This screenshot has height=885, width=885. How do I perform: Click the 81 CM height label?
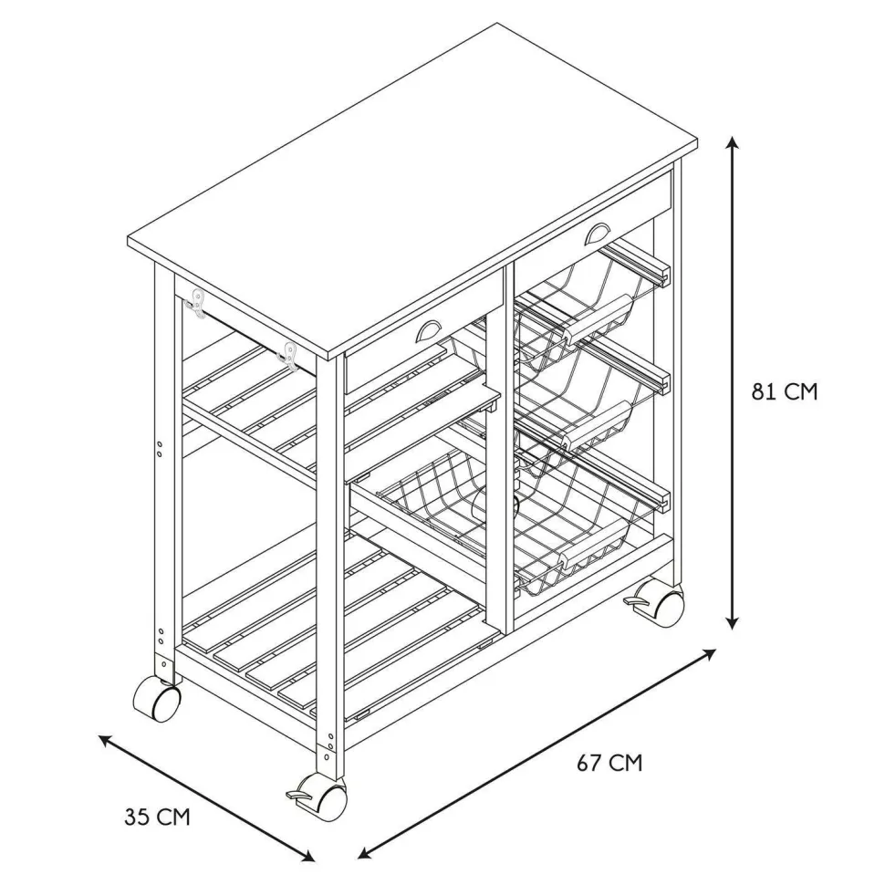point(784,391)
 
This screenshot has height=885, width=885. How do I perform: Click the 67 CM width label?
point(609,764)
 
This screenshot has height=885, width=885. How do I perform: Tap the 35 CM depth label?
point(158,817)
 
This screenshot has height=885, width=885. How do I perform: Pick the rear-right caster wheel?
point(658,600)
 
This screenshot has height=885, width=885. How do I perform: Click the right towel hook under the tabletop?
point(289,357)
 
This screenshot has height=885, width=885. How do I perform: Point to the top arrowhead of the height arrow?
point(733,142)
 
